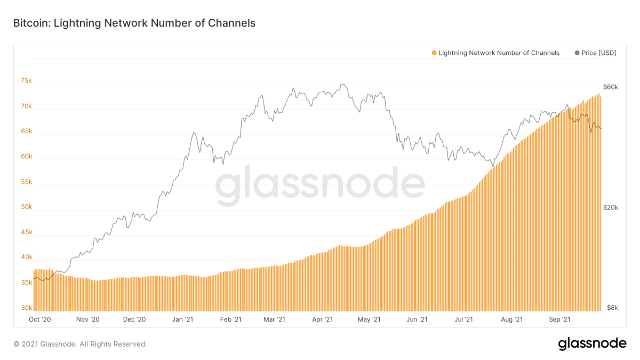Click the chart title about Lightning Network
(x=134, y=23)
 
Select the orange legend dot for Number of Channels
(x=434, y=53)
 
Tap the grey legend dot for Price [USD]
(x=577, y=53)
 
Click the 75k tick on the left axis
(x=27, y=81)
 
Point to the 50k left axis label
(x=27, y=207)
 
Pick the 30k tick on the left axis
(x=27, y=308)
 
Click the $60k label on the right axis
(x=610, y=87)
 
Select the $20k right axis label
(x=610, y=207)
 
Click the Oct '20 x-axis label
(x=40, y=319)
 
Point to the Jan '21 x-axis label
(x=183, y=319)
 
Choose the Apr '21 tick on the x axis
(x=323, y=319)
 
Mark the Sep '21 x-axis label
(x=560, y=319)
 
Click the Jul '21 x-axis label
(x=463, y=319)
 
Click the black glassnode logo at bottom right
(x=592, y=344)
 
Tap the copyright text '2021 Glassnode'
(x=80, y=345)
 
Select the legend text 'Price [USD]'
(x=598, y=53)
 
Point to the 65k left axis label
(x=27, y=131)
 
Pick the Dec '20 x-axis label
(x=134, y=319)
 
